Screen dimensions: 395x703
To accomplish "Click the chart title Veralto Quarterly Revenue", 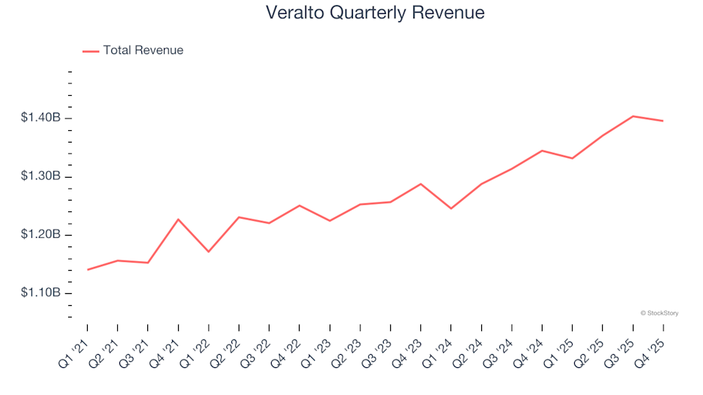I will [x=375, y=13].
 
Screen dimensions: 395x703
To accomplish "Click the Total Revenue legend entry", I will [x=143, y=50].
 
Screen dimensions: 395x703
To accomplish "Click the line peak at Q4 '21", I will [x=179, y=219].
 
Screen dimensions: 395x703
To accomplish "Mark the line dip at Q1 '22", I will [x=209, y=252].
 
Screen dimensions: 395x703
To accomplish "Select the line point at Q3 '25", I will [x=633, y=116].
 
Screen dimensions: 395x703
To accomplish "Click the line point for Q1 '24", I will [x=451, y=208].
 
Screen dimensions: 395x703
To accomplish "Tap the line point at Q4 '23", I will [x=421, y=184].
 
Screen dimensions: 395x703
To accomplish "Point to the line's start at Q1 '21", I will [x=88, y=270].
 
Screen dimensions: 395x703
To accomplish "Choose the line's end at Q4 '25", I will [x=663, y=121].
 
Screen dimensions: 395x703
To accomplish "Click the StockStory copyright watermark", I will [x=659, y=313].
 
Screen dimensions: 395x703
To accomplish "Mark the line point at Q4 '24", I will [x=542, y=151].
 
